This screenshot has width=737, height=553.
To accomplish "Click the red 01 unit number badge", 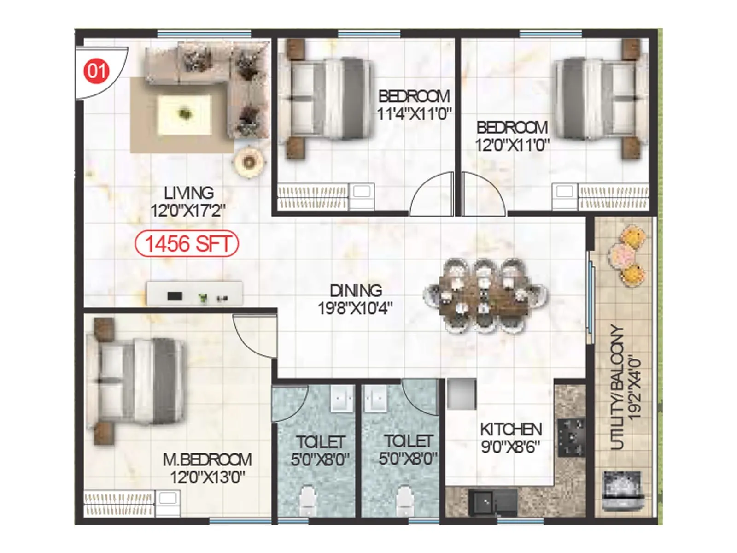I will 96,71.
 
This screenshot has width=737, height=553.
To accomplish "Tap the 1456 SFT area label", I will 187,244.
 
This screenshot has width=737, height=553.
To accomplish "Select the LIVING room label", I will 189,193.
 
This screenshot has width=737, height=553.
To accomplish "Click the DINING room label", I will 356,290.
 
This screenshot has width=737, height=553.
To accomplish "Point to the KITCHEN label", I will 511,429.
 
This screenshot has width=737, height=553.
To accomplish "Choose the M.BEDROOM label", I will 207,459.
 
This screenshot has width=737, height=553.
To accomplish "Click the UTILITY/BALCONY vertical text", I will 617,387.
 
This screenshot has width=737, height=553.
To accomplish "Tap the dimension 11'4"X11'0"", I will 414,113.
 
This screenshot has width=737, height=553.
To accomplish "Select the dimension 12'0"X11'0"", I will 512,145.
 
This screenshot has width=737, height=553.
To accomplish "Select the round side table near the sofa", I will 249,161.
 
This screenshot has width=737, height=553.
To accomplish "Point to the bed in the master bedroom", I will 138,382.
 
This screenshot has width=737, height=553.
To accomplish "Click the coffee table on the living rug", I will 185,113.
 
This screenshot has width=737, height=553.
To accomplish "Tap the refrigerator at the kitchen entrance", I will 461,394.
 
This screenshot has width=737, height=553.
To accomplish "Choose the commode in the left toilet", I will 307,501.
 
